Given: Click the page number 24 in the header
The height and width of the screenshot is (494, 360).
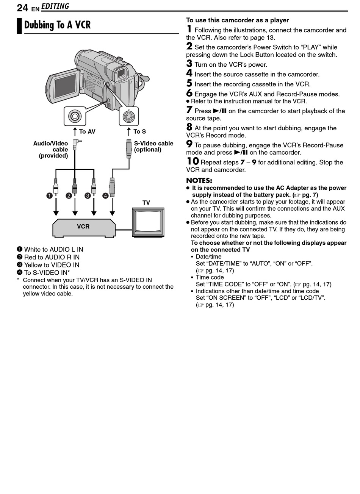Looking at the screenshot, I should pos(22,8).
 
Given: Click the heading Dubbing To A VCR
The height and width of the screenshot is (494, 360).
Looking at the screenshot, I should pos(58,25).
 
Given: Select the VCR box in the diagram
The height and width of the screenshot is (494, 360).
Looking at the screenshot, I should pos(84,227).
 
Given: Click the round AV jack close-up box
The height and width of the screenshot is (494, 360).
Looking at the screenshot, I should pos(75,116).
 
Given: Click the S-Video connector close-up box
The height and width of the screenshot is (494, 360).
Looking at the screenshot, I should pos(129,116).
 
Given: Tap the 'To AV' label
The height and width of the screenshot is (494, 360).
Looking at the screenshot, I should pos(87,131).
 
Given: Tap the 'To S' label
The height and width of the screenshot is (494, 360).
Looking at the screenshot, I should pos(139,131).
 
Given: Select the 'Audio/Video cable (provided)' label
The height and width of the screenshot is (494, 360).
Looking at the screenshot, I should pos(51,149).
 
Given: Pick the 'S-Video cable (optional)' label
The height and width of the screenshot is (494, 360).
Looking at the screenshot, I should pos(153,146).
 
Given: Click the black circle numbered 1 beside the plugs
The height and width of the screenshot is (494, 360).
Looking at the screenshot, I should pos(49,195).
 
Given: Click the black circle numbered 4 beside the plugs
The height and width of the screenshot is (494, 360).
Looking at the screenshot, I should pos(105,195).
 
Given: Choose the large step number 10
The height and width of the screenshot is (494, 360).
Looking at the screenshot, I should pos(193,161).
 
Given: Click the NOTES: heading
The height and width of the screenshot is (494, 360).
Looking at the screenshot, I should pos(199,180).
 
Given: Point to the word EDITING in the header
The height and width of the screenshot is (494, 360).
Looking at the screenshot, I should pos(55,6).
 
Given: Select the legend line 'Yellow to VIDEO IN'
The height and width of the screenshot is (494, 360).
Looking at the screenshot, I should pos(52,265).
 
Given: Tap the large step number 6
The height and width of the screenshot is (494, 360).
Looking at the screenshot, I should pos(189,93).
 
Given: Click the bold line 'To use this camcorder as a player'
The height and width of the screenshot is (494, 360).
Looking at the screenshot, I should pos(237,20).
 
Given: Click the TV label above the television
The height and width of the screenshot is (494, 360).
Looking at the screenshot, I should pos(146,203).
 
